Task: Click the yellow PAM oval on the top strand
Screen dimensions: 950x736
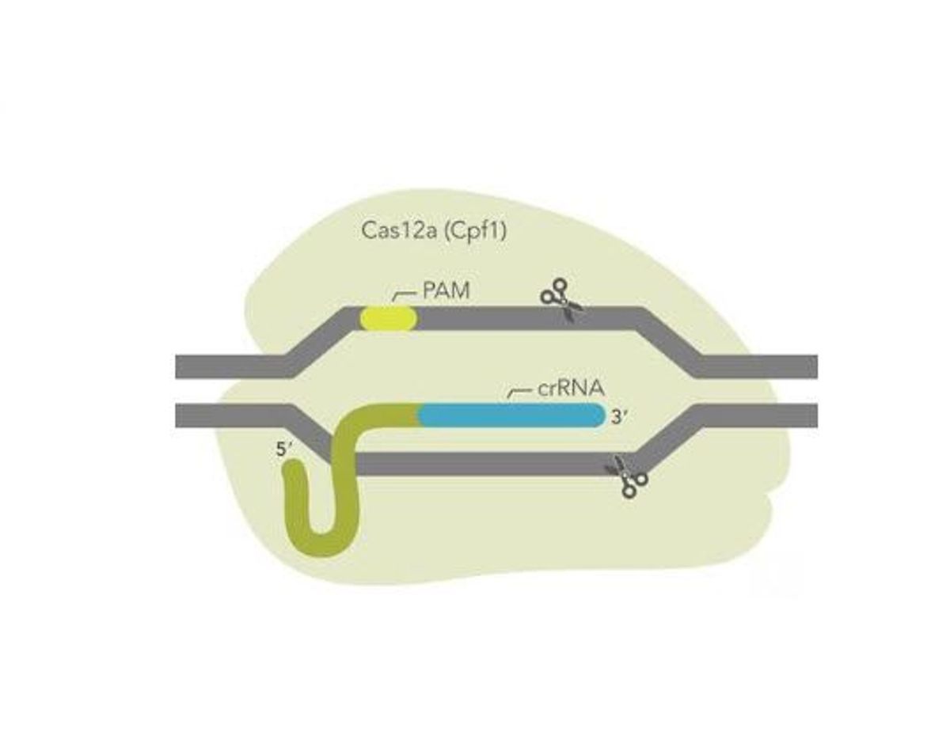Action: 388,319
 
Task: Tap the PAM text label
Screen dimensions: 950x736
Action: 446,290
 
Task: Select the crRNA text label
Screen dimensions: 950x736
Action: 570,388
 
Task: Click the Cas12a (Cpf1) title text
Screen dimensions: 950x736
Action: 434,231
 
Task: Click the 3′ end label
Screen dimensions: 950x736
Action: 618,417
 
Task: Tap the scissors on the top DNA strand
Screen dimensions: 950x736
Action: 562,300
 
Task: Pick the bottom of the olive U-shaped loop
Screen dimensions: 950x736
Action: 323,544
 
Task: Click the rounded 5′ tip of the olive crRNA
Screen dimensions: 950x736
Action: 297,470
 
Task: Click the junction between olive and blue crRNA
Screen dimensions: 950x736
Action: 419,415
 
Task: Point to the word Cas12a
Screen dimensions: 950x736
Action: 399,230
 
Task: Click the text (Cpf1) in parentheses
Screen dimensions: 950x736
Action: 475,231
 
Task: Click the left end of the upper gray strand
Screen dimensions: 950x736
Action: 177,366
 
